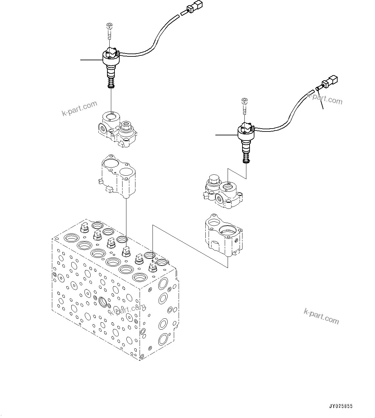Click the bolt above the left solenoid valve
tap(109, 31)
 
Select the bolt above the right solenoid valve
tap(244, 105)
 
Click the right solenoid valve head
tap(246, 131)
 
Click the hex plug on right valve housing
tap(213, 180)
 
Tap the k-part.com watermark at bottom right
tap(321, 316)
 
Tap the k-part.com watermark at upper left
tap(79, 108)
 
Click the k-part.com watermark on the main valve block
tap(127, 309)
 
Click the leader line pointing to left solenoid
tap(91, 60)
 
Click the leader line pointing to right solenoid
tap(226, 134)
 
